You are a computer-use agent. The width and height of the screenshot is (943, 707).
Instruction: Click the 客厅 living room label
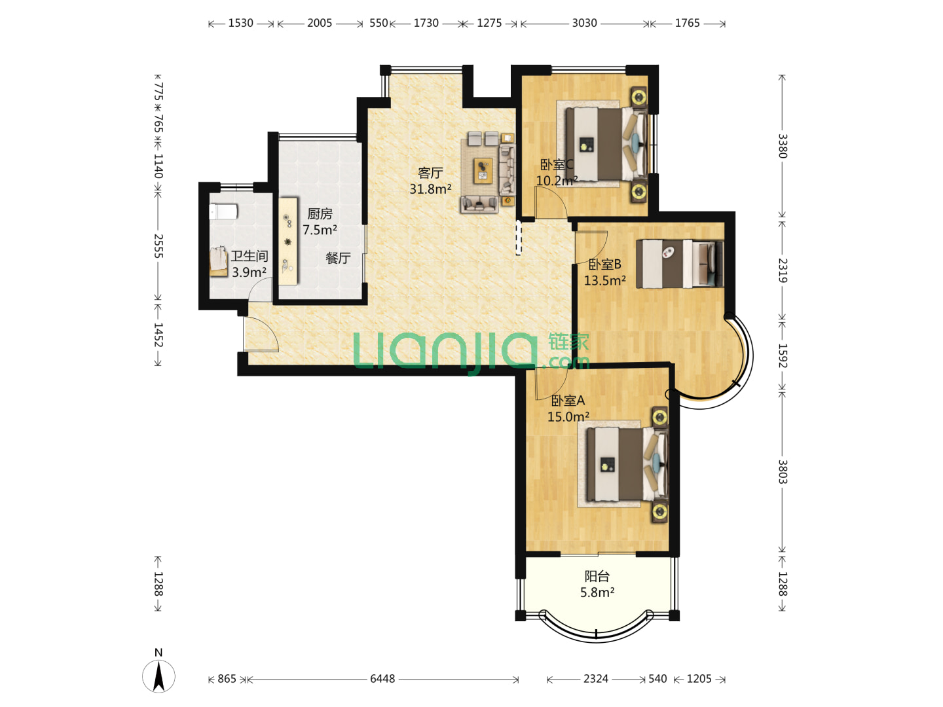430,173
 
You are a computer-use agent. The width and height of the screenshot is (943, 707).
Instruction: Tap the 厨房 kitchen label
320,214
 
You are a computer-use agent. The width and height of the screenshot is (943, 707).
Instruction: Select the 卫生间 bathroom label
250,256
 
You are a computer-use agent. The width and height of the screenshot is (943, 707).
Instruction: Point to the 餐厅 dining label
338,258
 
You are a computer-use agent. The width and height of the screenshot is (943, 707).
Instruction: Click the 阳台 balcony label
597,576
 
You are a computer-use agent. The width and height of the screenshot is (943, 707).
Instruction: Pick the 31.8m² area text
430,189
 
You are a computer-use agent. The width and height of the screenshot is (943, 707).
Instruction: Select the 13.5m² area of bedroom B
604,280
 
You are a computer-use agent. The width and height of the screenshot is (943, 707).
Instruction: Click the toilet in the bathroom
223,211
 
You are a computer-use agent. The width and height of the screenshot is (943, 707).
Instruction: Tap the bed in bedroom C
606,144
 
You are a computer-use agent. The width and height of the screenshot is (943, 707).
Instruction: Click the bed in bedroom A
627,465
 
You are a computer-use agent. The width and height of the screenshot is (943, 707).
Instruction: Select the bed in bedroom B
680,264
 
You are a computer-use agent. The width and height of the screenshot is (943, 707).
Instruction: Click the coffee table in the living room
483,170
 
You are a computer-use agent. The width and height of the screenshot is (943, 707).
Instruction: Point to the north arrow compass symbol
158,676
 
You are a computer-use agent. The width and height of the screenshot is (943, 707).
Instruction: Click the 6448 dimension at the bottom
382,679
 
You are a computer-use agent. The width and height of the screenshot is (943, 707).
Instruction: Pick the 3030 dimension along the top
584,23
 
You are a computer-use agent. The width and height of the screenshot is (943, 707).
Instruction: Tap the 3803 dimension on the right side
783,472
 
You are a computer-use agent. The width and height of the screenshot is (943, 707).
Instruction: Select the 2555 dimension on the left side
158,246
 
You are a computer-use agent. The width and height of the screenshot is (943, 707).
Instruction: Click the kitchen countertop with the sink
288,241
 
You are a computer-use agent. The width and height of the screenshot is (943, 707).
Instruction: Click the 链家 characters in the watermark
568,342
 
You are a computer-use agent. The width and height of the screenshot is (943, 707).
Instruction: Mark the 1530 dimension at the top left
240,23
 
